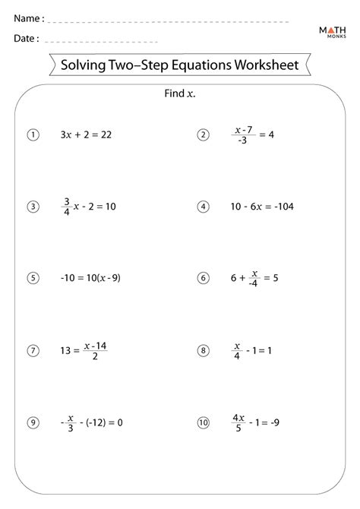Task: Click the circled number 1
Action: click(x=33, y=134)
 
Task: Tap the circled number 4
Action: click(x=203, y=206)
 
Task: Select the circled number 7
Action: click(x=33, y=350)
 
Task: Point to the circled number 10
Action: click(x=203, y=422)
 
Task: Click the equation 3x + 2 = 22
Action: click(x=86, y=134)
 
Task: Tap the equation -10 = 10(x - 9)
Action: click(x=90, y=277)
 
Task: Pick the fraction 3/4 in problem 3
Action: click(x=67, y=207)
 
